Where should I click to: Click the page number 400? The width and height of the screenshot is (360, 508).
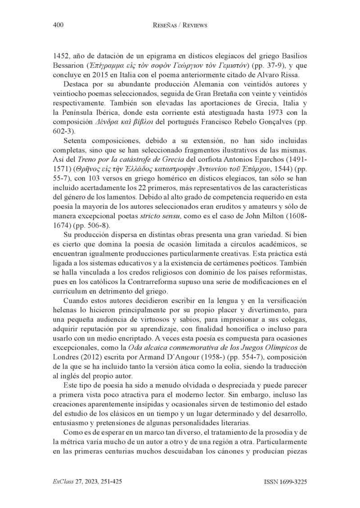58,26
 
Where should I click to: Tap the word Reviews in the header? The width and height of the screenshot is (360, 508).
193,26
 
